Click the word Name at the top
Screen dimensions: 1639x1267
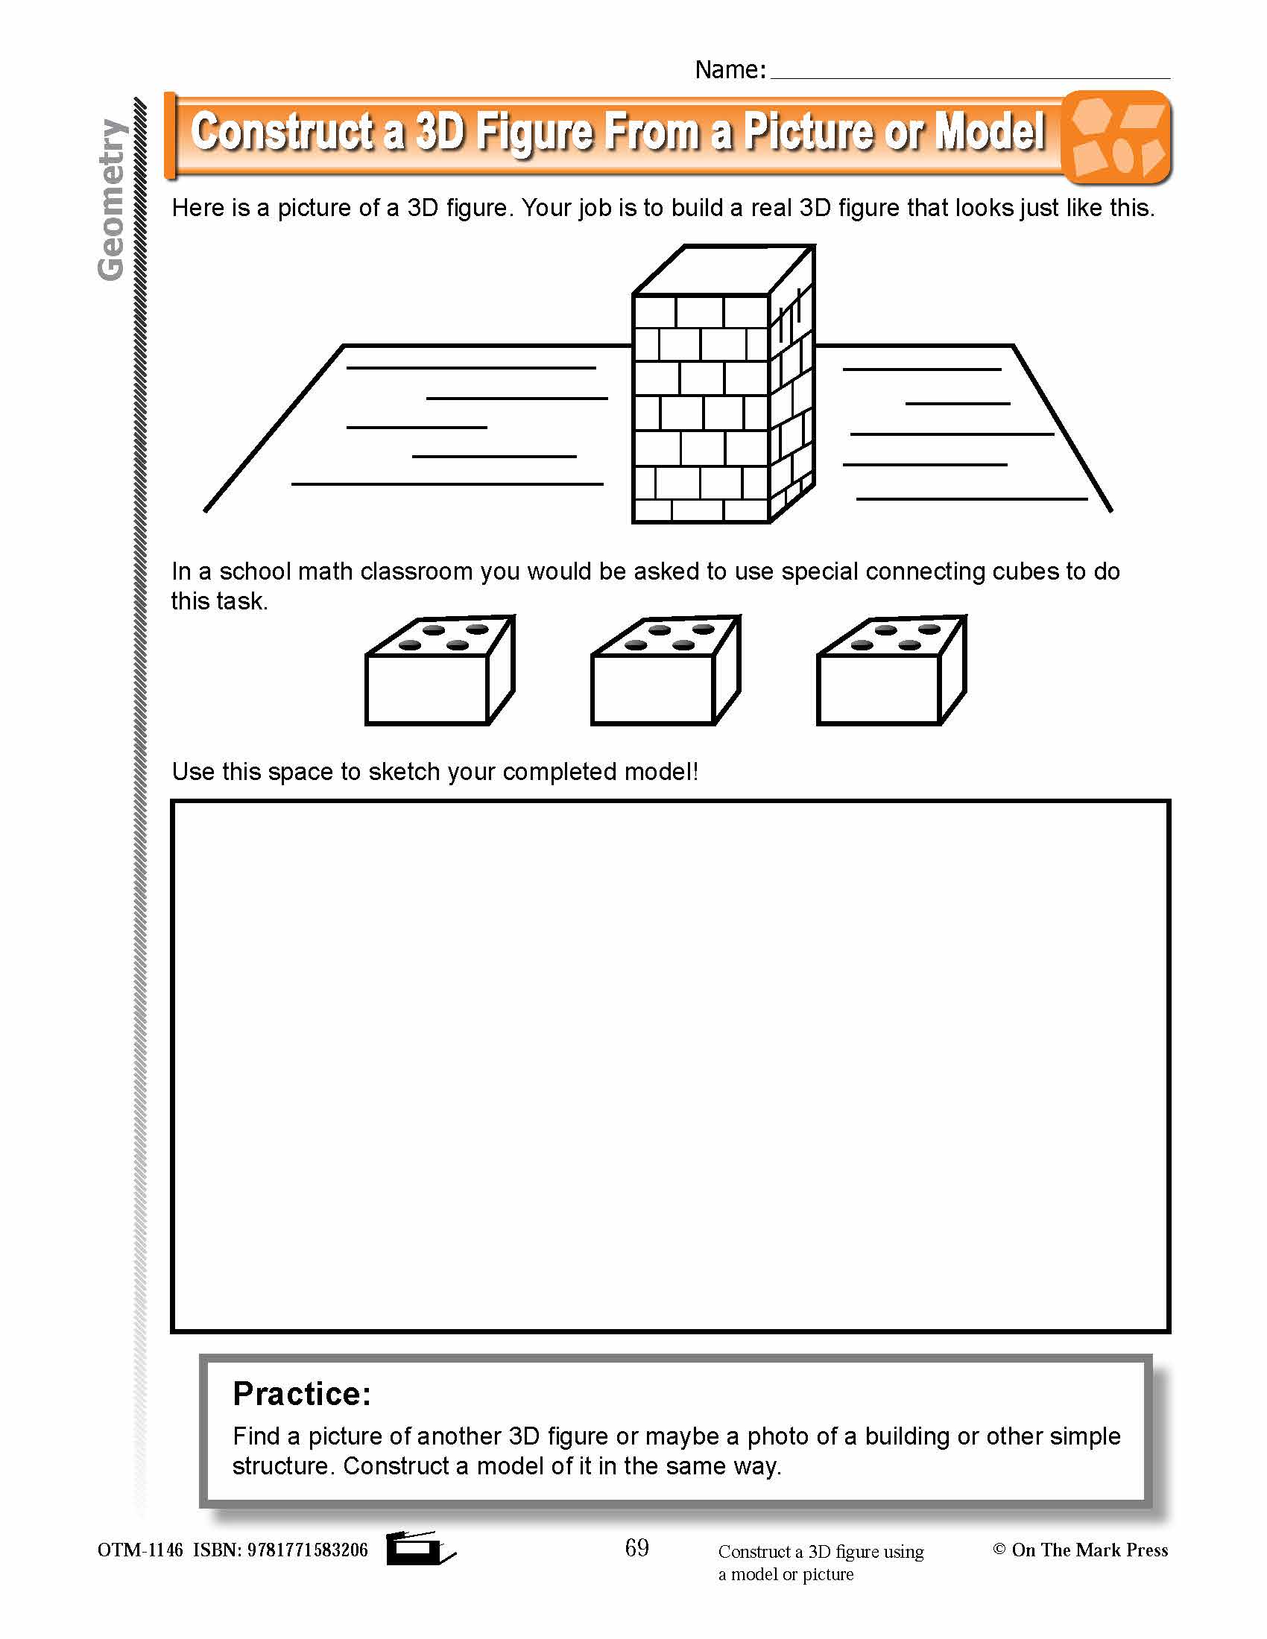[726, 70]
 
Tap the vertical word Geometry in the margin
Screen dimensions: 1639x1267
[111, 200]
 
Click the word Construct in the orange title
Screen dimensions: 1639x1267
[282, 132]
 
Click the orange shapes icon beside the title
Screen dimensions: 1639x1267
[1117, 137]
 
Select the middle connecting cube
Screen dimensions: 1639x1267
[664, 670]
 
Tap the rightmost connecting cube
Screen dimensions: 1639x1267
[890, 670]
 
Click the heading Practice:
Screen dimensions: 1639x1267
[302, 1394]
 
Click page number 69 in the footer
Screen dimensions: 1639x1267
[636, 1547]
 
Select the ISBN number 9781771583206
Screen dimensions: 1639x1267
[307, 1550]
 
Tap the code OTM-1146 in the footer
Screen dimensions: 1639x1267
[139, 1550]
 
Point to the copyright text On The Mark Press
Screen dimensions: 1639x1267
[1089, 1550]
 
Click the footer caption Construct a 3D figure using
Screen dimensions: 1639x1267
[821, 1551]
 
